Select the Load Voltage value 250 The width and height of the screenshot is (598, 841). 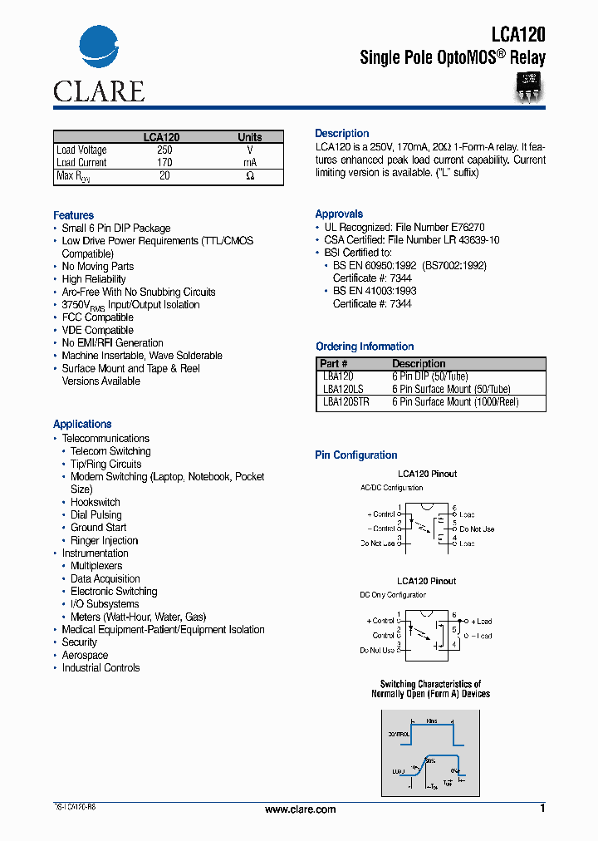[x=164, y=150]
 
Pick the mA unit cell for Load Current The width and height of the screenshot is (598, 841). [x=250, y=163]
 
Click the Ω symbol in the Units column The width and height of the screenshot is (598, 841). [x=250, y=176]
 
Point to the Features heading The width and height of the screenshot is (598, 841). [x=73, y=215]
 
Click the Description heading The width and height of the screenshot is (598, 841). [x=341, y=134]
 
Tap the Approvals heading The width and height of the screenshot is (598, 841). [x=339, y=214]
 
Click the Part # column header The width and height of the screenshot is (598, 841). [x=334, y=364]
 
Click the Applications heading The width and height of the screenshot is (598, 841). [x=82, y=424]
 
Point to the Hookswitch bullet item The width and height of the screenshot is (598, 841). [x=95, y=502]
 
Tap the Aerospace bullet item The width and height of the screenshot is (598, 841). [x=85, y=655]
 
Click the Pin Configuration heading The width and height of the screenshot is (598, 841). [x=355, y=455]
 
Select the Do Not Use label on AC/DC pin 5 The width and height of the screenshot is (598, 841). [x=477, y=529]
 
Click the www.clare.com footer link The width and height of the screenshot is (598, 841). [x=300, y=809]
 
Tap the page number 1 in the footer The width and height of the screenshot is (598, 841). [x=542, y=809]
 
